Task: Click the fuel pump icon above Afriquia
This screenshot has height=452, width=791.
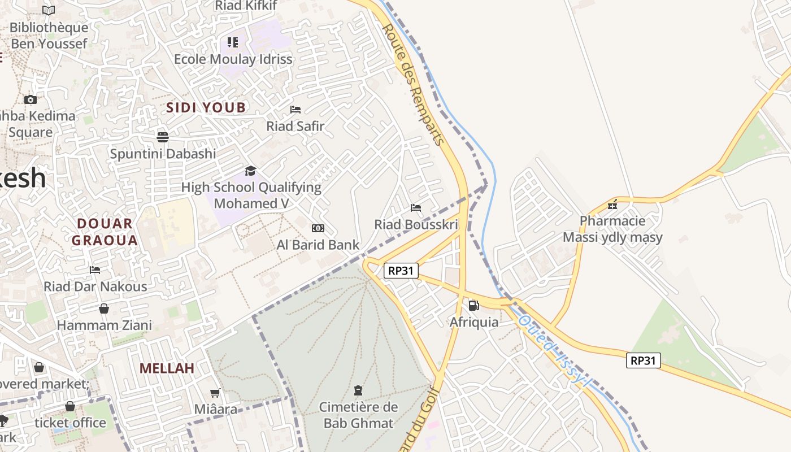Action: click(473, 306)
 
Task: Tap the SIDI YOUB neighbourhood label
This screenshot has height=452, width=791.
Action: click(206, 107)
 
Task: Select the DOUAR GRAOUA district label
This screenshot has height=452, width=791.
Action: click(105, 232)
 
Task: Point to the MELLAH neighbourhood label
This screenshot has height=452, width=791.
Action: click(167, 368)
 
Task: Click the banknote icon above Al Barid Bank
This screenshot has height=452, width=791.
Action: click(318, 228)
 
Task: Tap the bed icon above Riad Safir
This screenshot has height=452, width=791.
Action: click(295, 110)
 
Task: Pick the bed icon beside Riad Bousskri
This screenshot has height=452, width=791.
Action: click(416, 208)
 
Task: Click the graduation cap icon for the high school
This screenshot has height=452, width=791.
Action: click(250, 171)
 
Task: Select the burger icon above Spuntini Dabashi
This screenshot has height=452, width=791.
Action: click(163, 137)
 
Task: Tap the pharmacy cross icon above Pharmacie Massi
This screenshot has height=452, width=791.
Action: click(612, 205)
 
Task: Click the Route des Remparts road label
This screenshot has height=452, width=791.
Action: click(412, 85)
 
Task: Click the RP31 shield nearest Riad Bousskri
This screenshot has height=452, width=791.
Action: click(401, 271)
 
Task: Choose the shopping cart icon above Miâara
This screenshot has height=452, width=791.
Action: click(215, 393)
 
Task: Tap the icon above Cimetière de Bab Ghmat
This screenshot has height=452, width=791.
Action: click(358, 390)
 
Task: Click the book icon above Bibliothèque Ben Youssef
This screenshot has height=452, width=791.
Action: click(49, 10)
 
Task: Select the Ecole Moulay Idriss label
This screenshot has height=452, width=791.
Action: click(233, 59)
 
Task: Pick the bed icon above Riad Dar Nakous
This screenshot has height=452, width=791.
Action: click(95, 270)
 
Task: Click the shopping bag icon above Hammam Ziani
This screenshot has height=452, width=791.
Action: click(104, 308)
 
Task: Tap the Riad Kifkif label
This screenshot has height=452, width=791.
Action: click(246, 6)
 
